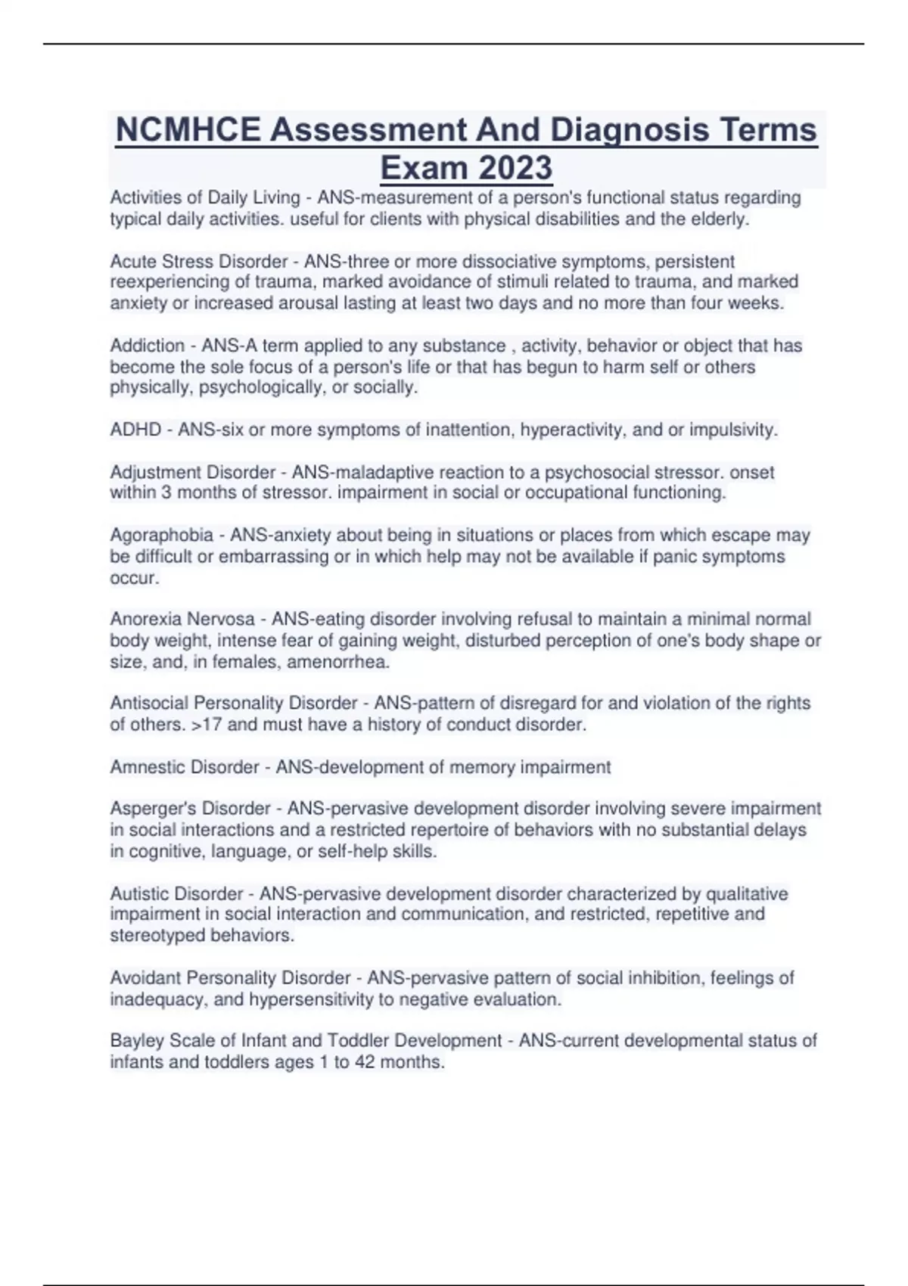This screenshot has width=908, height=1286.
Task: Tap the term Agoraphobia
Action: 161,536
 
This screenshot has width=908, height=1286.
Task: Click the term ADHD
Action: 135,430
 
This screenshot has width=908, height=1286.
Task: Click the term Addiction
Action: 147,346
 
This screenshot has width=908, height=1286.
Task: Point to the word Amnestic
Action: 146,767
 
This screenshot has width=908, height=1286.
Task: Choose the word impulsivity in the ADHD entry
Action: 732,430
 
